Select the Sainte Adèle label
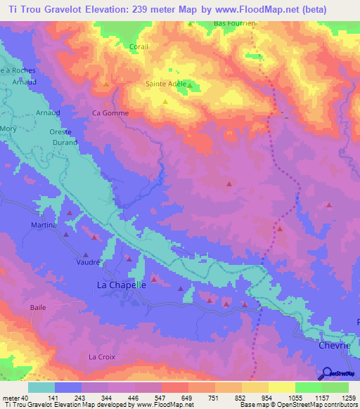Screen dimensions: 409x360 164,83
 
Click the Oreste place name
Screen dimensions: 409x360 60,132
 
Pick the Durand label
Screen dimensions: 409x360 64,142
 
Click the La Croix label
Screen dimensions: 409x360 101,357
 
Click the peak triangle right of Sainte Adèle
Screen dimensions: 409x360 188,87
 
